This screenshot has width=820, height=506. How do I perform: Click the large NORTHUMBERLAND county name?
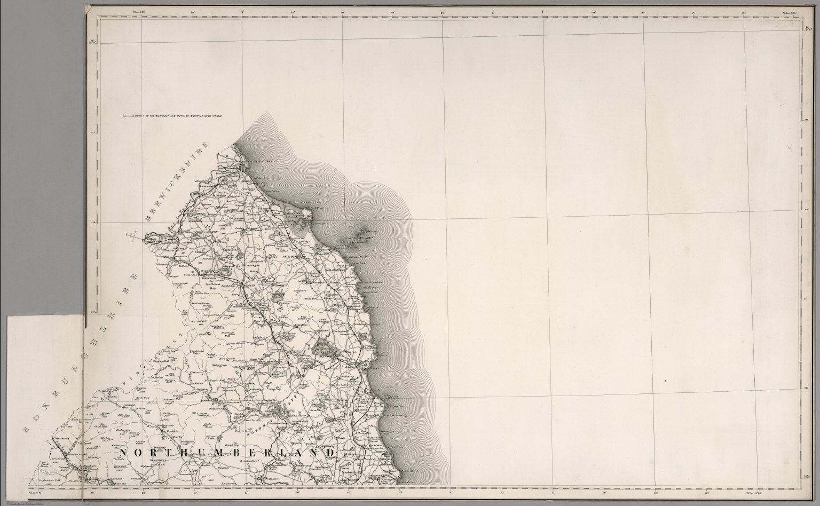(x=227, y=453)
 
